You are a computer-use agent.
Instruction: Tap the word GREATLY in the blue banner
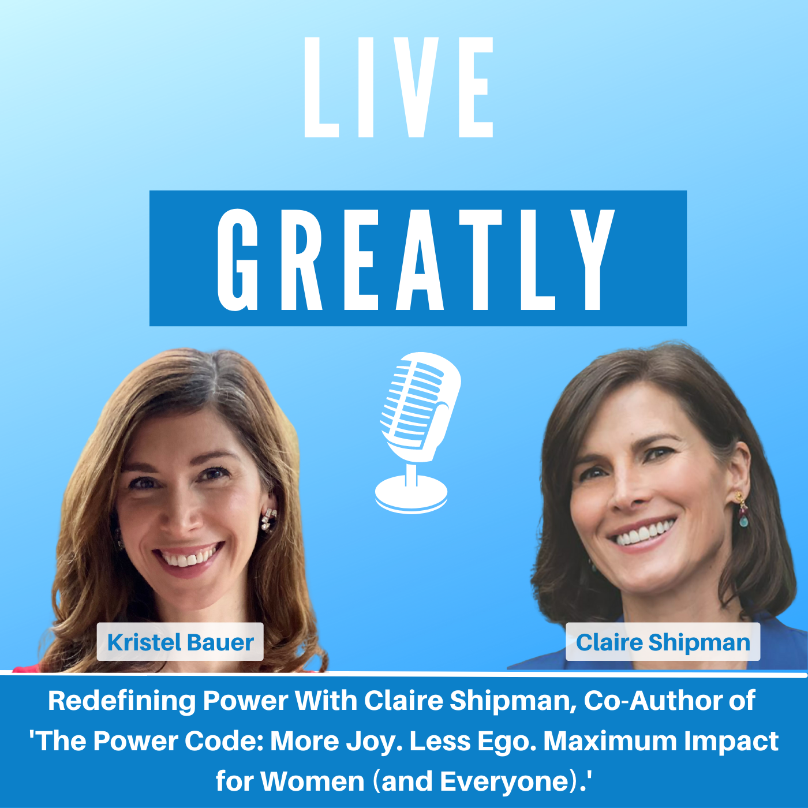tap(417, 259)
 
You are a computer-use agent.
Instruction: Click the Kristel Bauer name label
tap(180, 642)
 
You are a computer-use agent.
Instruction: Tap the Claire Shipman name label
tap(663, 642)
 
